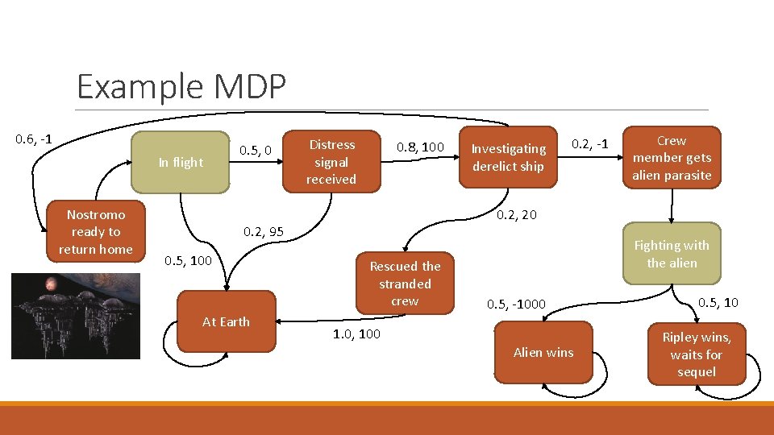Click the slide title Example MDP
click(x=181, y=86)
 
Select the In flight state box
click(x=181, y=163)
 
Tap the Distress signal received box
click(x=331, y=162)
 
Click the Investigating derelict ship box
click(x=508, y=158)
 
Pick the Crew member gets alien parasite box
click(x=672, y=158)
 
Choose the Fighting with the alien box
click(x=672, y=254)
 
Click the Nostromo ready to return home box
click(x=95, y=232)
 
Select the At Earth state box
click(x=226, y=321)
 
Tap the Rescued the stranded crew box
click(x=405, y=284)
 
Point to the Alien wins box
click(x=543, y=352)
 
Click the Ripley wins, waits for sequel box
click(x=696, y=354)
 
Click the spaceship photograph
click(x=75, y=316)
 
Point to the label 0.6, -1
click(x=34, y=139)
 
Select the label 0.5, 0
click(x=260, y=150)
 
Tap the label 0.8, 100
click(x=420, y=147)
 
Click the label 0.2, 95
click(x=264, y=232)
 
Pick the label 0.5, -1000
click(x=516, y=304)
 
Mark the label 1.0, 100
click(x=356, y=333)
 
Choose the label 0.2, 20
click(x=517, y=214)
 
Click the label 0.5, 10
click(x=718, y=302)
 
